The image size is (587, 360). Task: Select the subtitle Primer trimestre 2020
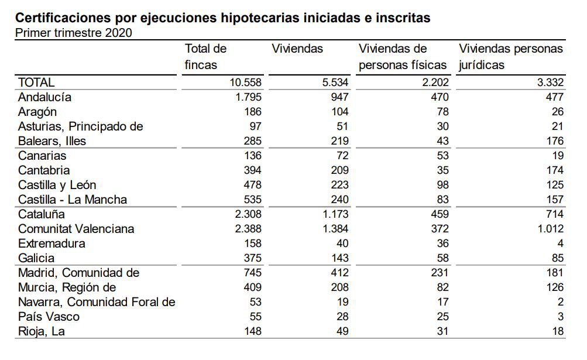point(73,32)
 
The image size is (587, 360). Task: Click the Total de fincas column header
point(205,57)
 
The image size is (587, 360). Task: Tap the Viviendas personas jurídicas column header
point(510,57)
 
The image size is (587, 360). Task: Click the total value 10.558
point(246,83)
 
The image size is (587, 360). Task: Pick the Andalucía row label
point(44,97)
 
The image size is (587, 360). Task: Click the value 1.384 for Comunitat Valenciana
point(334,229)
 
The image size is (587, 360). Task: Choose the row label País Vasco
point(49,317)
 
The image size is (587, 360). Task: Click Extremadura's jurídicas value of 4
point(559,244)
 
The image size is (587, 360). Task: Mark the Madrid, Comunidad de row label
point(78,273)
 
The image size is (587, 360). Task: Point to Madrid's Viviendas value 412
point(339,273)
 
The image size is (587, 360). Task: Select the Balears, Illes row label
point(52,141)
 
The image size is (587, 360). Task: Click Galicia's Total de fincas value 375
point(252,258)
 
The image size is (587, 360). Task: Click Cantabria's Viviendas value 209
point(339,170)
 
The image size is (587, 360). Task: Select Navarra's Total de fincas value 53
point(255,302)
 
